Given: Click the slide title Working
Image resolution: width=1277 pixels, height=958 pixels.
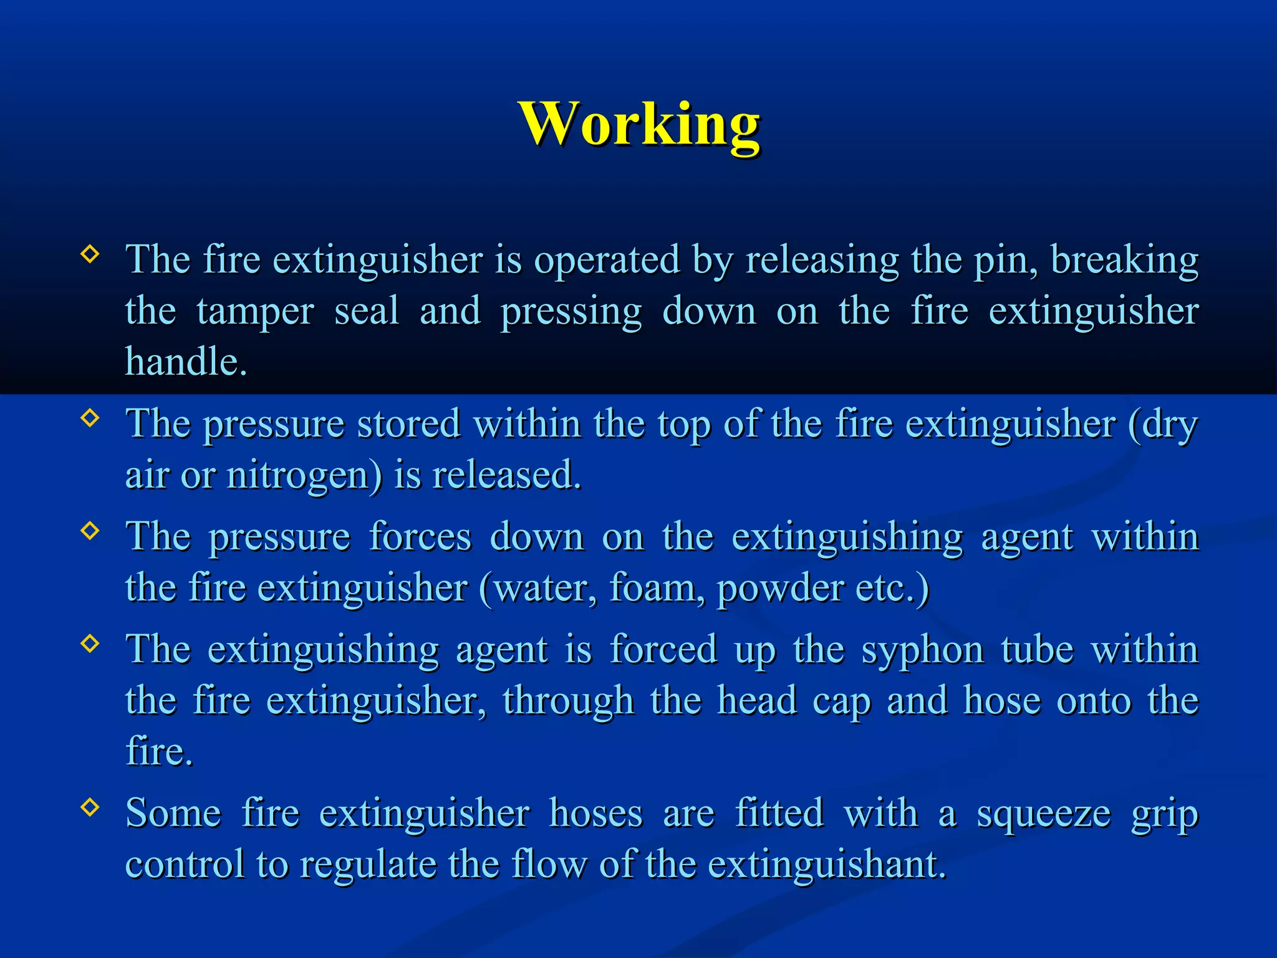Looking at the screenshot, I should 638,125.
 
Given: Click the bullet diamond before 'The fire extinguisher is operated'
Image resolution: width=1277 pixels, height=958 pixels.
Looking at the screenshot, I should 90,254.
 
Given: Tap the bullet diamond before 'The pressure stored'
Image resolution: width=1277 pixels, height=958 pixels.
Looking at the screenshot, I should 90,417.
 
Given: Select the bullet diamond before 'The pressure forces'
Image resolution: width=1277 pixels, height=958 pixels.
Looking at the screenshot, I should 90,530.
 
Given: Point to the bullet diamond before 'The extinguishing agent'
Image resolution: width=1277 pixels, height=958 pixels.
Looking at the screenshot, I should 90,643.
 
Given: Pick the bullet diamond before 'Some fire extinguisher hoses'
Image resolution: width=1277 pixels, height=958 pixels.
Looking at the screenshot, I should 90,807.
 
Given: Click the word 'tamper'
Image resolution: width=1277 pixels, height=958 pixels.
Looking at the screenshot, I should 255,312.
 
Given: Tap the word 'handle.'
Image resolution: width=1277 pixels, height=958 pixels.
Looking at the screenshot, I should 186,362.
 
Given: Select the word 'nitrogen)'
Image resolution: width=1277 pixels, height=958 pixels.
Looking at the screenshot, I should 304,476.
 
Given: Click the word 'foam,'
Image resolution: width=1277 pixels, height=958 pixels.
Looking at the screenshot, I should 657,588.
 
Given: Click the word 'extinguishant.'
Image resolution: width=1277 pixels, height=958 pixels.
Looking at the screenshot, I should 827,865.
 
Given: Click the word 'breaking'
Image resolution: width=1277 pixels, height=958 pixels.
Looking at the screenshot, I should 1124,261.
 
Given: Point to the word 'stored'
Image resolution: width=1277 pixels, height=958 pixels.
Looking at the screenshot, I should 408,424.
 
